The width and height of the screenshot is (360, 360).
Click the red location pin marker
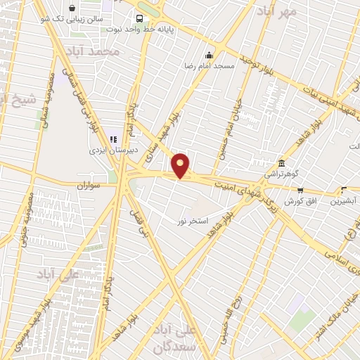181,166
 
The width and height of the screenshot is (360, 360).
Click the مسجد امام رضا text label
209,65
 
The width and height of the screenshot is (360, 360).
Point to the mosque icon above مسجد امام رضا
209,55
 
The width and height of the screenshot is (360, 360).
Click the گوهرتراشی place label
281,172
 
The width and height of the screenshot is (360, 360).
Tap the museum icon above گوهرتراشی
281,162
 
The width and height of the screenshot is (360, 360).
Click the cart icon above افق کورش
301,191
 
